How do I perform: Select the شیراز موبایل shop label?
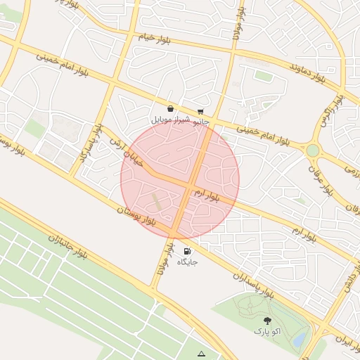(167, 120)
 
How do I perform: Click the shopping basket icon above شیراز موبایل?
(171, 110)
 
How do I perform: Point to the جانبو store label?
(201, 121)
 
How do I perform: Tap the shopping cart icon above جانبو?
(201, 111)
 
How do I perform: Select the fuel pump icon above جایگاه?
(187, 251)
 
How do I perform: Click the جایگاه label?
(187, 262)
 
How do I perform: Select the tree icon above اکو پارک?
(266, 321)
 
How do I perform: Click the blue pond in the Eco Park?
(299, 340)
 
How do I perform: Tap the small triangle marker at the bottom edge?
(202, 354)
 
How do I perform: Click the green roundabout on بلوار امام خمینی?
(312, 150)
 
